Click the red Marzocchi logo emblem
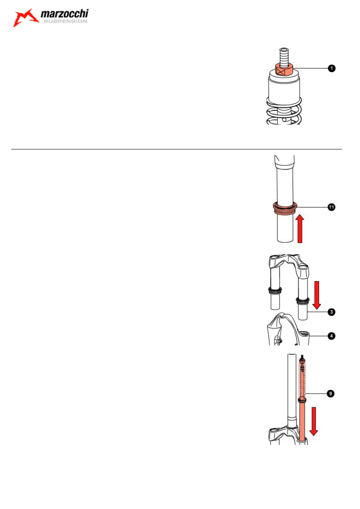pyautogui.click(x=25, y=18)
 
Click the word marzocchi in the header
pyautogui.click(x=65, y=14)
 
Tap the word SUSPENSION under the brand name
pyautogui.click(x=65, y=21)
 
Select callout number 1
pyautogui.click(x=332, y=68)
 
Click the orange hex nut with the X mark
pyautogui.click(x=284, y=69)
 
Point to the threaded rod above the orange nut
pyautogui.click(x=284, y=57)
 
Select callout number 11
pyautogui.click(x=331, y=207)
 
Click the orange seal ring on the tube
pyautogui.click(x=285, y=208)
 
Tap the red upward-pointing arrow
pyautogui.click(x=300, y=229)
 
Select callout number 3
pyautogui.click(x=331, y=312)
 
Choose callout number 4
pyautogui.click(x=331, y=336)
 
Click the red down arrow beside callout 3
pyautogui.click(x=316, y=295)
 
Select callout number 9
pyautogui.click(x=331, y=393)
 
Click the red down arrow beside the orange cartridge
pyautogui.click(x=314, y=421)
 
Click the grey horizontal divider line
pyautogui.click(x=176, y=149)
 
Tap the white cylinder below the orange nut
pyautogui.click(x=284, y=89)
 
